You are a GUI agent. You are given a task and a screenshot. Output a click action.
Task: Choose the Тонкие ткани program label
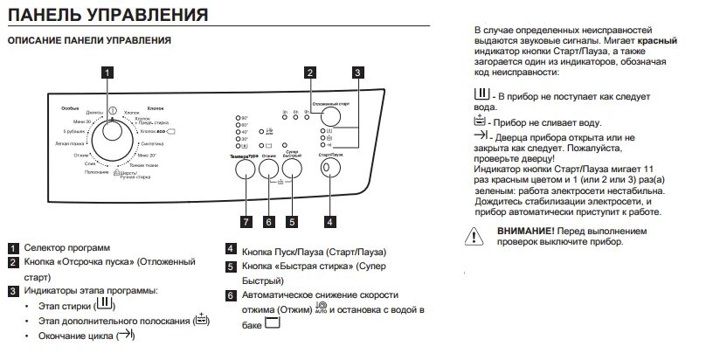click(x=143, y=165)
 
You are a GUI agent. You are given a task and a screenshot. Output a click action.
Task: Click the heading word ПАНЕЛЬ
click(x=45, y=16)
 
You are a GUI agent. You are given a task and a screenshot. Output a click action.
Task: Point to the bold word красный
click(x=659, y=41)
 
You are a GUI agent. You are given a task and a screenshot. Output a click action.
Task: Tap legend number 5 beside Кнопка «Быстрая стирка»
click(x=231, y=266)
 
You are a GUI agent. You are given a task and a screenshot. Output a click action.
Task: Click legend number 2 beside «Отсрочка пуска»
click(x=13, y=262)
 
